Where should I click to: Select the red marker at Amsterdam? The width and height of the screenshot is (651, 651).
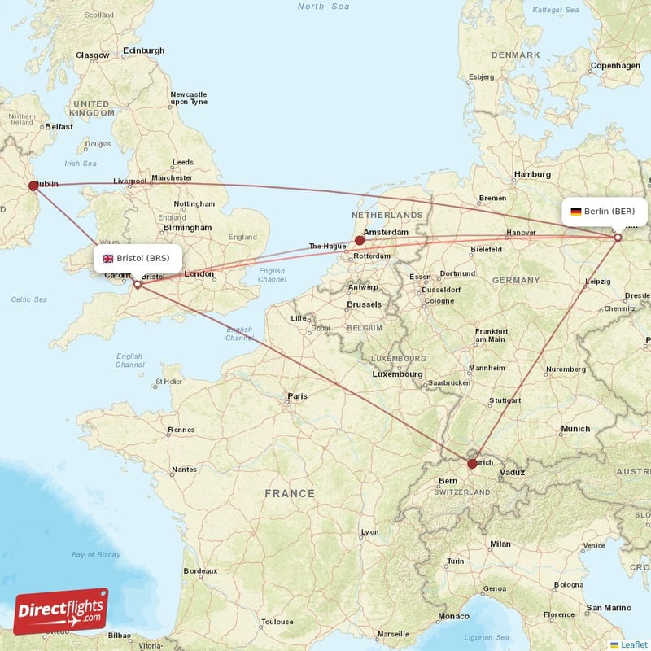360,240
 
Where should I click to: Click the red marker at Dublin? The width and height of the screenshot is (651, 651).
33,186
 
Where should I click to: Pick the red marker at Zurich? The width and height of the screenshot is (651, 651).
472,464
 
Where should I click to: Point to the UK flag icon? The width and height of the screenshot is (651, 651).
107,258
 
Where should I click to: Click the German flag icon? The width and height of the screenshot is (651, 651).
576,212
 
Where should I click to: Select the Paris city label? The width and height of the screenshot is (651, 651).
297,397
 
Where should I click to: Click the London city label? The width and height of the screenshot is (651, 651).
199,274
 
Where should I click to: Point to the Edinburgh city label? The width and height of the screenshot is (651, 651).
143,50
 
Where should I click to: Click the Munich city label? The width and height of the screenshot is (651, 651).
575,429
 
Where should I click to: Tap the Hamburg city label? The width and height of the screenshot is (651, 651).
533,174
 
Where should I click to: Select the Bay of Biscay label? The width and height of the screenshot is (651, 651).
96,555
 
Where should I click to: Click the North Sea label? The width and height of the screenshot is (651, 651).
323,7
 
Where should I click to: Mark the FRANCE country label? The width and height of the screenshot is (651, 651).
290,493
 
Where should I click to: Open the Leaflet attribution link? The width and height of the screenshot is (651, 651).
634,644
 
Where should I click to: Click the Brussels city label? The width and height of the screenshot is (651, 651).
364,304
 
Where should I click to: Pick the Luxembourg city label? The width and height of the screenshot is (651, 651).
397,374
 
